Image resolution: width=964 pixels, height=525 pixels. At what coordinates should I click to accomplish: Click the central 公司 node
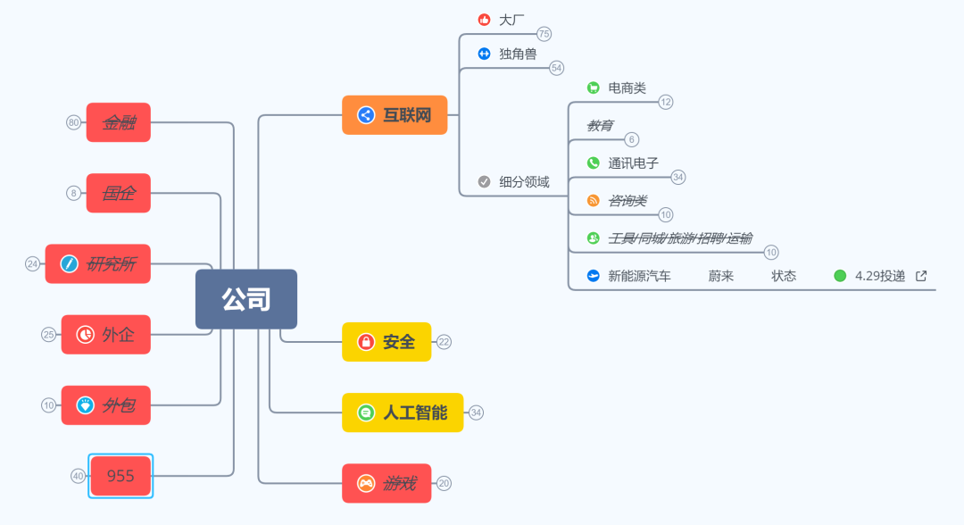(246, 299)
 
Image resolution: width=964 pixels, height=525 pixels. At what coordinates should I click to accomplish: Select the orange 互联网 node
(395, 115)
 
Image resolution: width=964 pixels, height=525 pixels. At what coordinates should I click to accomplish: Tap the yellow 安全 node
(386, 342)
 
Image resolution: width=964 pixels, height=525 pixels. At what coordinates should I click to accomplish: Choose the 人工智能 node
(403, 412)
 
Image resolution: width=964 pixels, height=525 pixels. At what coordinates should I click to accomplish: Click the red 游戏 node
(386, 483)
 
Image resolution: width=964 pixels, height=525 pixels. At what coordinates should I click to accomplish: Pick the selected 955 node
(120, 476)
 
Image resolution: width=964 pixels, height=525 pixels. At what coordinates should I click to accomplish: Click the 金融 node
(119, 122)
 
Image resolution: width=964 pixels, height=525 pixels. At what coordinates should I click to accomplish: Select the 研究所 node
(98, 263)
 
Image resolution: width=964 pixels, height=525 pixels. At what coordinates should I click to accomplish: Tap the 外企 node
(106, 335)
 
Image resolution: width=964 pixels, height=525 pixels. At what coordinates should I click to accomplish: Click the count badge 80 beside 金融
(73, 122)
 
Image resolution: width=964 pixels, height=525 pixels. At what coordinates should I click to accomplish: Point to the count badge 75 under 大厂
(544, 34)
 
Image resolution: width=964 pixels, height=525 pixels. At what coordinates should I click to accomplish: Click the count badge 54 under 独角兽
(556, 68)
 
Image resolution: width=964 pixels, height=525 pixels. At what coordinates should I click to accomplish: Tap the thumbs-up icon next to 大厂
(484, 19)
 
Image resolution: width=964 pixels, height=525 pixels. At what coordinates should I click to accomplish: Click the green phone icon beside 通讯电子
(593, 163)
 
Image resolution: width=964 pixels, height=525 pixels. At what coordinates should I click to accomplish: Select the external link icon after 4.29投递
(921, 276)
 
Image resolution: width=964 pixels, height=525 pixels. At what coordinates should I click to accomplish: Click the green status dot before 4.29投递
(840, 276)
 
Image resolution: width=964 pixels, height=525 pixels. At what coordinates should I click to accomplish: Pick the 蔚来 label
(721, 276)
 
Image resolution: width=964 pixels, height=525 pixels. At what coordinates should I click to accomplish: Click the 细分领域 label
(524, 181)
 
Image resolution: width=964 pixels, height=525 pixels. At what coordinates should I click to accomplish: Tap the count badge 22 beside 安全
(444, 342)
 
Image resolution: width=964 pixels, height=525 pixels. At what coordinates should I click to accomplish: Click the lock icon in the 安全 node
(366, 342)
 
